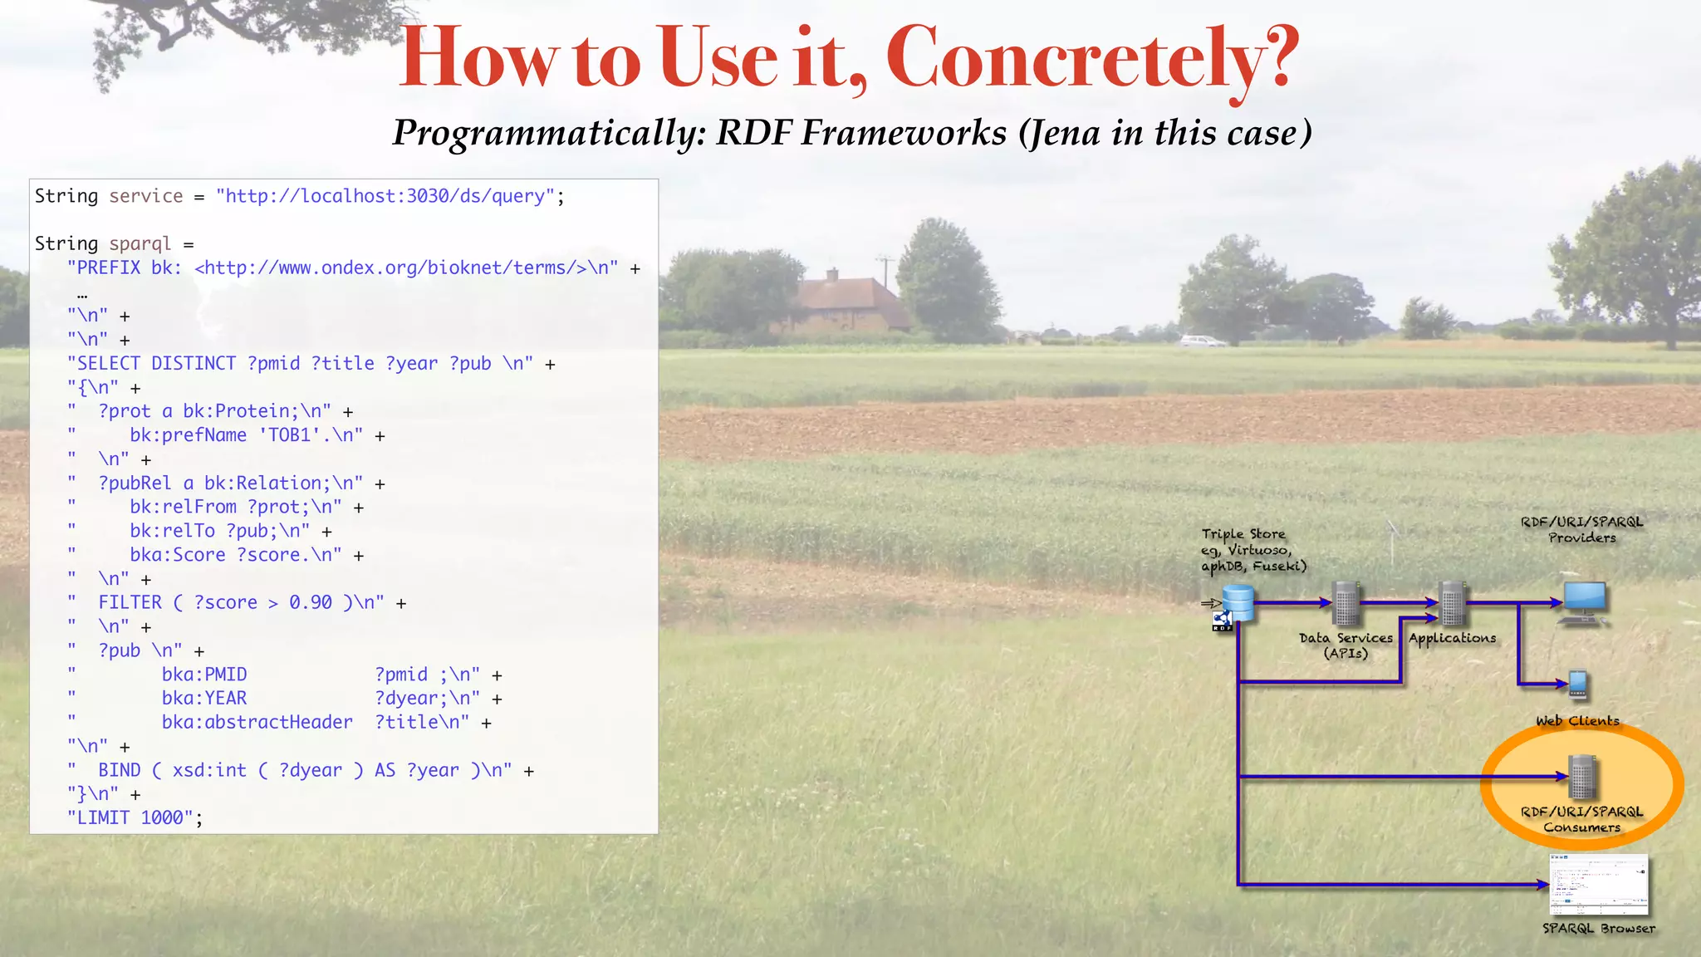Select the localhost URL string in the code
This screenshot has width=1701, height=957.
[x=385, y=196]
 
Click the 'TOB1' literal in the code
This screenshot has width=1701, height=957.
[x=289, y=435]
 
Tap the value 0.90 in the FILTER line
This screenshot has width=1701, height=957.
[x=311, y=603]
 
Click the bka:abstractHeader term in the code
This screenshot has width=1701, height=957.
[x=257, y=723]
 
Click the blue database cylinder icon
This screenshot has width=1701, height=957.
[x=1238, y=603]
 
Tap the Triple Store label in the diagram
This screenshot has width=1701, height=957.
[x=1243, y=534]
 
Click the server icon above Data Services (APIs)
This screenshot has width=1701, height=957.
[x=1346, y=603]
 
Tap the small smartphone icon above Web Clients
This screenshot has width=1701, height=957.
[x=1578, y=685]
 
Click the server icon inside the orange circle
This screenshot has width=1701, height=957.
[x=1582, y=777]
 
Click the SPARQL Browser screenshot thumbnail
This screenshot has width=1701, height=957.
[x=1599, y=885]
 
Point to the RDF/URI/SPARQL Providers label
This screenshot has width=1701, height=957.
[x=1581, y=530]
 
